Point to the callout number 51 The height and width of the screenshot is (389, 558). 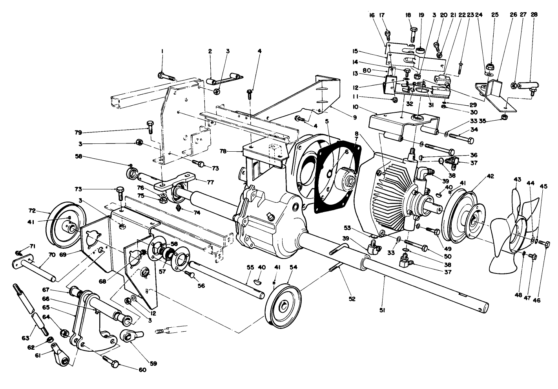383,310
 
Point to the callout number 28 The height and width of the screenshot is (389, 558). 534,15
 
